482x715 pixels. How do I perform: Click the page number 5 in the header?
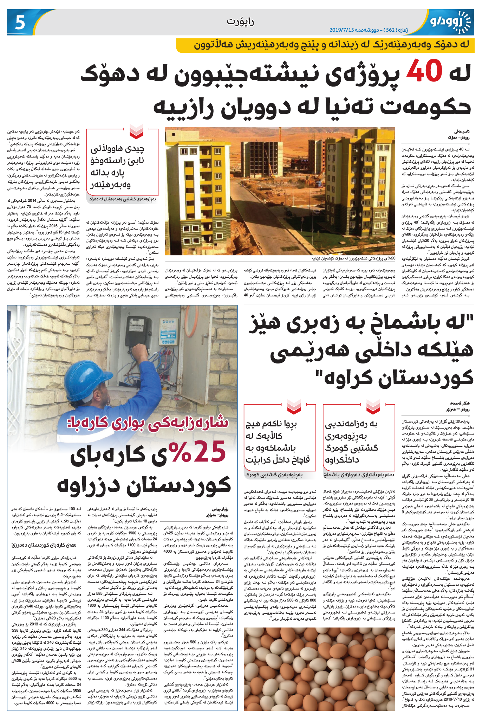click(20, 22)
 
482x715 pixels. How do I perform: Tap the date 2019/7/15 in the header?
click(342, 30)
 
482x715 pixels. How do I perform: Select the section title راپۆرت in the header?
click(240, 21)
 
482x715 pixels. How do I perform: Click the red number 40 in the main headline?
click(424, 71)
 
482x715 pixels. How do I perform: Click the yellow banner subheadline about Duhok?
click(325, 45)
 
